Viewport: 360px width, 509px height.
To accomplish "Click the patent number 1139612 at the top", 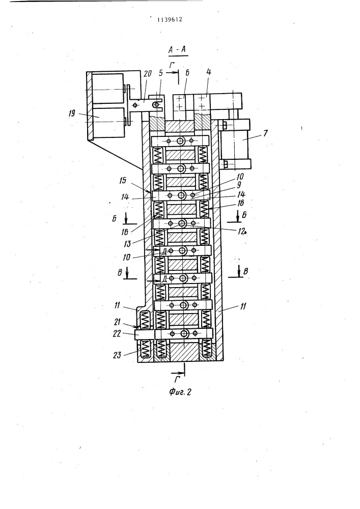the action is coord(170,19).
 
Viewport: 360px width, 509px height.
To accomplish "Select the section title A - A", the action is coord(178,50).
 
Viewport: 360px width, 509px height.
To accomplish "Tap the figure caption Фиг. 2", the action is coord(180,392).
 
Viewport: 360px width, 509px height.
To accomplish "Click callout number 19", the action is coord(72,114).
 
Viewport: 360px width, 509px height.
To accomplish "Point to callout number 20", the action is coord(147,74).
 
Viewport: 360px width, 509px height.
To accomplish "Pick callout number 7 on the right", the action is coord(265,133).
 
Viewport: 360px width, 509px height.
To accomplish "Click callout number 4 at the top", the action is coord(208,72).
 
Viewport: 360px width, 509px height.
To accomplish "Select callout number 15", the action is coord(123,181).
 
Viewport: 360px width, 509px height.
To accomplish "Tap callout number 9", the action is coord(239,185).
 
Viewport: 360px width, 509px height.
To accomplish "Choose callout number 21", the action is coord(117,322).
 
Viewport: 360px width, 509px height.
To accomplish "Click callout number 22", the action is coord(117,334).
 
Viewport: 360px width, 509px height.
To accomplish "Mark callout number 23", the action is coord(117,355).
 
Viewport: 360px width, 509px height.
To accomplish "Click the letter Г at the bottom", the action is coord(177,379).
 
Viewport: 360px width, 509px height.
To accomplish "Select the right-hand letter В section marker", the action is coord(245,271).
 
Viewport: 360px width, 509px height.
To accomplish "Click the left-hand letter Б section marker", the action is coord(115,219).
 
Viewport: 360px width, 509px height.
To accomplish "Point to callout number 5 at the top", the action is coord(161,73).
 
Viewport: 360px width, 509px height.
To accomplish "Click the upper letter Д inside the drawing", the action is coord(164,251).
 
